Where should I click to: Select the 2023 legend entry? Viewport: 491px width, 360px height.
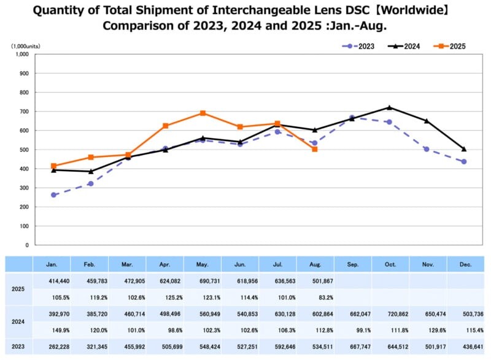coord(362,46)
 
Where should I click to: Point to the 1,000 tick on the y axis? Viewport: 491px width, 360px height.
coord(22,54)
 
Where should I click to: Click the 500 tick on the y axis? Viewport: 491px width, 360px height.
coord(24,150)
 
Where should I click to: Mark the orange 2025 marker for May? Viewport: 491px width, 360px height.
coord(203,113)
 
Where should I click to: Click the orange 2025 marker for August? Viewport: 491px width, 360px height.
coord(315,149)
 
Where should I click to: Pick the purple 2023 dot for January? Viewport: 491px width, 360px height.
coord(53,195)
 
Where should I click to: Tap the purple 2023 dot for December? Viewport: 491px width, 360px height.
coord(464,162)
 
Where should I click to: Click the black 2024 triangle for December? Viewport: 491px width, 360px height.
coord(464,149)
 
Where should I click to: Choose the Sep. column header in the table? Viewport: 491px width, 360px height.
coord(352,264)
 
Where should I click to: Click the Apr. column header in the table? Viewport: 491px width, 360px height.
coord(164,264)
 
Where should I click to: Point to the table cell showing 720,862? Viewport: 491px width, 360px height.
coord(390,313)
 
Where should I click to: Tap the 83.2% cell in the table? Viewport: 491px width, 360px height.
coord(315,297)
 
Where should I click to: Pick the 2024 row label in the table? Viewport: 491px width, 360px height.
coord(18,321)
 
